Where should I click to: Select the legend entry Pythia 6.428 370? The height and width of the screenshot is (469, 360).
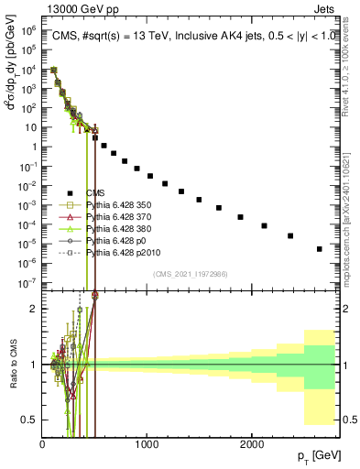[116, 217]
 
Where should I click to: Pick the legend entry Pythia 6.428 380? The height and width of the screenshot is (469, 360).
[116, 229]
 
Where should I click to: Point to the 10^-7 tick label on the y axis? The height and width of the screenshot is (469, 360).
[27, 282]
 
